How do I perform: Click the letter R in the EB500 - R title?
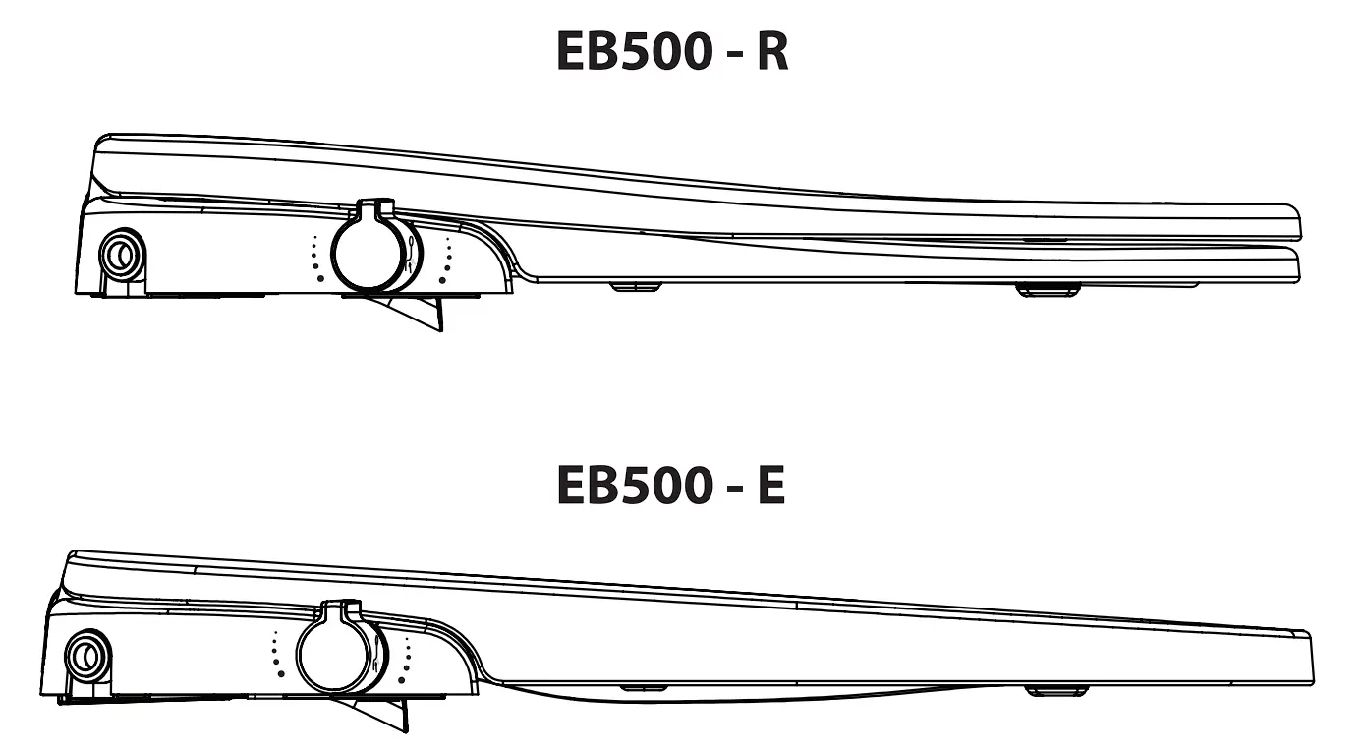[771, 52]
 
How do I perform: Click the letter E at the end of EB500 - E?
[770, 485]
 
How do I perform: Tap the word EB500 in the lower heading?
[631, 485]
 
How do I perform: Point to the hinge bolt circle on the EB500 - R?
[123, 254]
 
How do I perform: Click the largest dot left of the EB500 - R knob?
[318, 278]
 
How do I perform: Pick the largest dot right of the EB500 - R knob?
[442, 280]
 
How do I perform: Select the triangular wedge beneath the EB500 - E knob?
[378, 712]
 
